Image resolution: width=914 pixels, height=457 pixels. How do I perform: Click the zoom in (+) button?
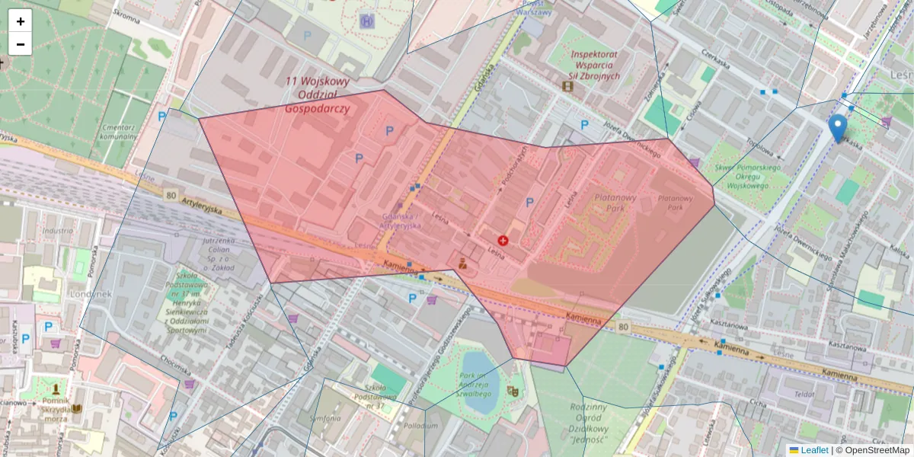[21, 21]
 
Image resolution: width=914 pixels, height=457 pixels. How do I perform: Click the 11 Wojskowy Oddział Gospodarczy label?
[317, 94]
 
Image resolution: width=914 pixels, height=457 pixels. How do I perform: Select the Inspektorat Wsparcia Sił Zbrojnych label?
[595, 66]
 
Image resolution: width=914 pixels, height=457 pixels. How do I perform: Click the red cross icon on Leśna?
[503, 241]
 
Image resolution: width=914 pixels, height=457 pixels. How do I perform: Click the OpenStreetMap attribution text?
[872, 450]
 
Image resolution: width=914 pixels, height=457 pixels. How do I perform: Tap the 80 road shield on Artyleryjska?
[170, 195]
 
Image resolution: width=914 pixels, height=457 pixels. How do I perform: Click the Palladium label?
[420, 426]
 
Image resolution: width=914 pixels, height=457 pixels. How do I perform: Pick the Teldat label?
[804, 395]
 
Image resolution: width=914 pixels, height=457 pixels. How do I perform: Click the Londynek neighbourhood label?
[91, 293]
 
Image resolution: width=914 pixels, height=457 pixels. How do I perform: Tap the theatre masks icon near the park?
[513, 391]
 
